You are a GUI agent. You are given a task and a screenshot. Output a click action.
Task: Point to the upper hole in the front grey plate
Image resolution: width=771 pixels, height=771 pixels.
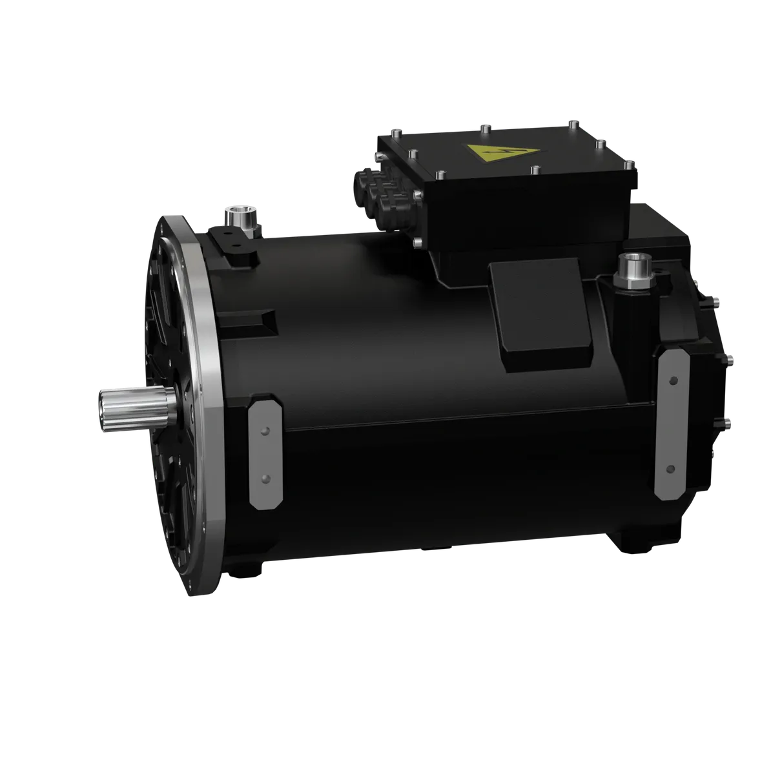coord(263,430)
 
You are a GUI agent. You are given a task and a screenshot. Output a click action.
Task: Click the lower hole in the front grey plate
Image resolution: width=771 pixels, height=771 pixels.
coord(263,478)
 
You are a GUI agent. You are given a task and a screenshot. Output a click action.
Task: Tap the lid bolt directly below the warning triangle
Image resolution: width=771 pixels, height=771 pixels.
coord(534,170)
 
